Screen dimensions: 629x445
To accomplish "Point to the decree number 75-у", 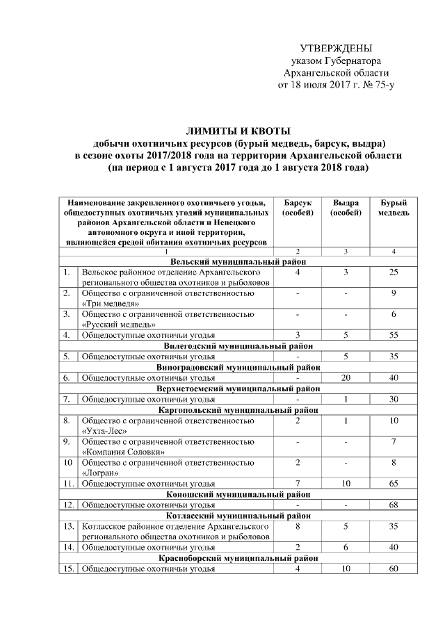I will coord(382,85).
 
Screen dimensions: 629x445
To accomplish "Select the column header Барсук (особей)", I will coord(298,207).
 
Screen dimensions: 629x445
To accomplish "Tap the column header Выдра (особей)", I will coord(346,207).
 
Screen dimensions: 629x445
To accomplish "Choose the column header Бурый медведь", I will coord(394,207).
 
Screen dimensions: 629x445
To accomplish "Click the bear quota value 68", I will coord(394,505).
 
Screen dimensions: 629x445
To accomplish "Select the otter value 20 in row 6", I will coord(346,377).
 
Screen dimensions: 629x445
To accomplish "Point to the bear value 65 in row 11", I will coord(394,483).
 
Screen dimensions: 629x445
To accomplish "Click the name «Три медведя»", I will coord(105,304).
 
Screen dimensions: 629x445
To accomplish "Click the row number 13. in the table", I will coord(67,527).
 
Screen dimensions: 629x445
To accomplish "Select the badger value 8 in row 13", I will coord(298,527).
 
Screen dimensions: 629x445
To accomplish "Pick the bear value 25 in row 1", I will coord(394,272).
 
